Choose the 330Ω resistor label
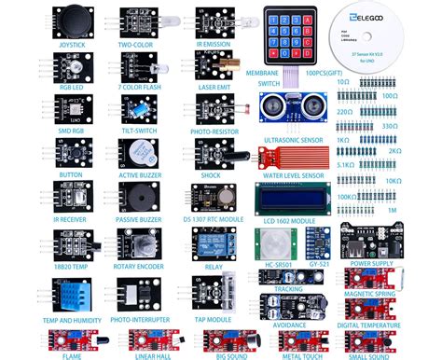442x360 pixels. tap(415, 124)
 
